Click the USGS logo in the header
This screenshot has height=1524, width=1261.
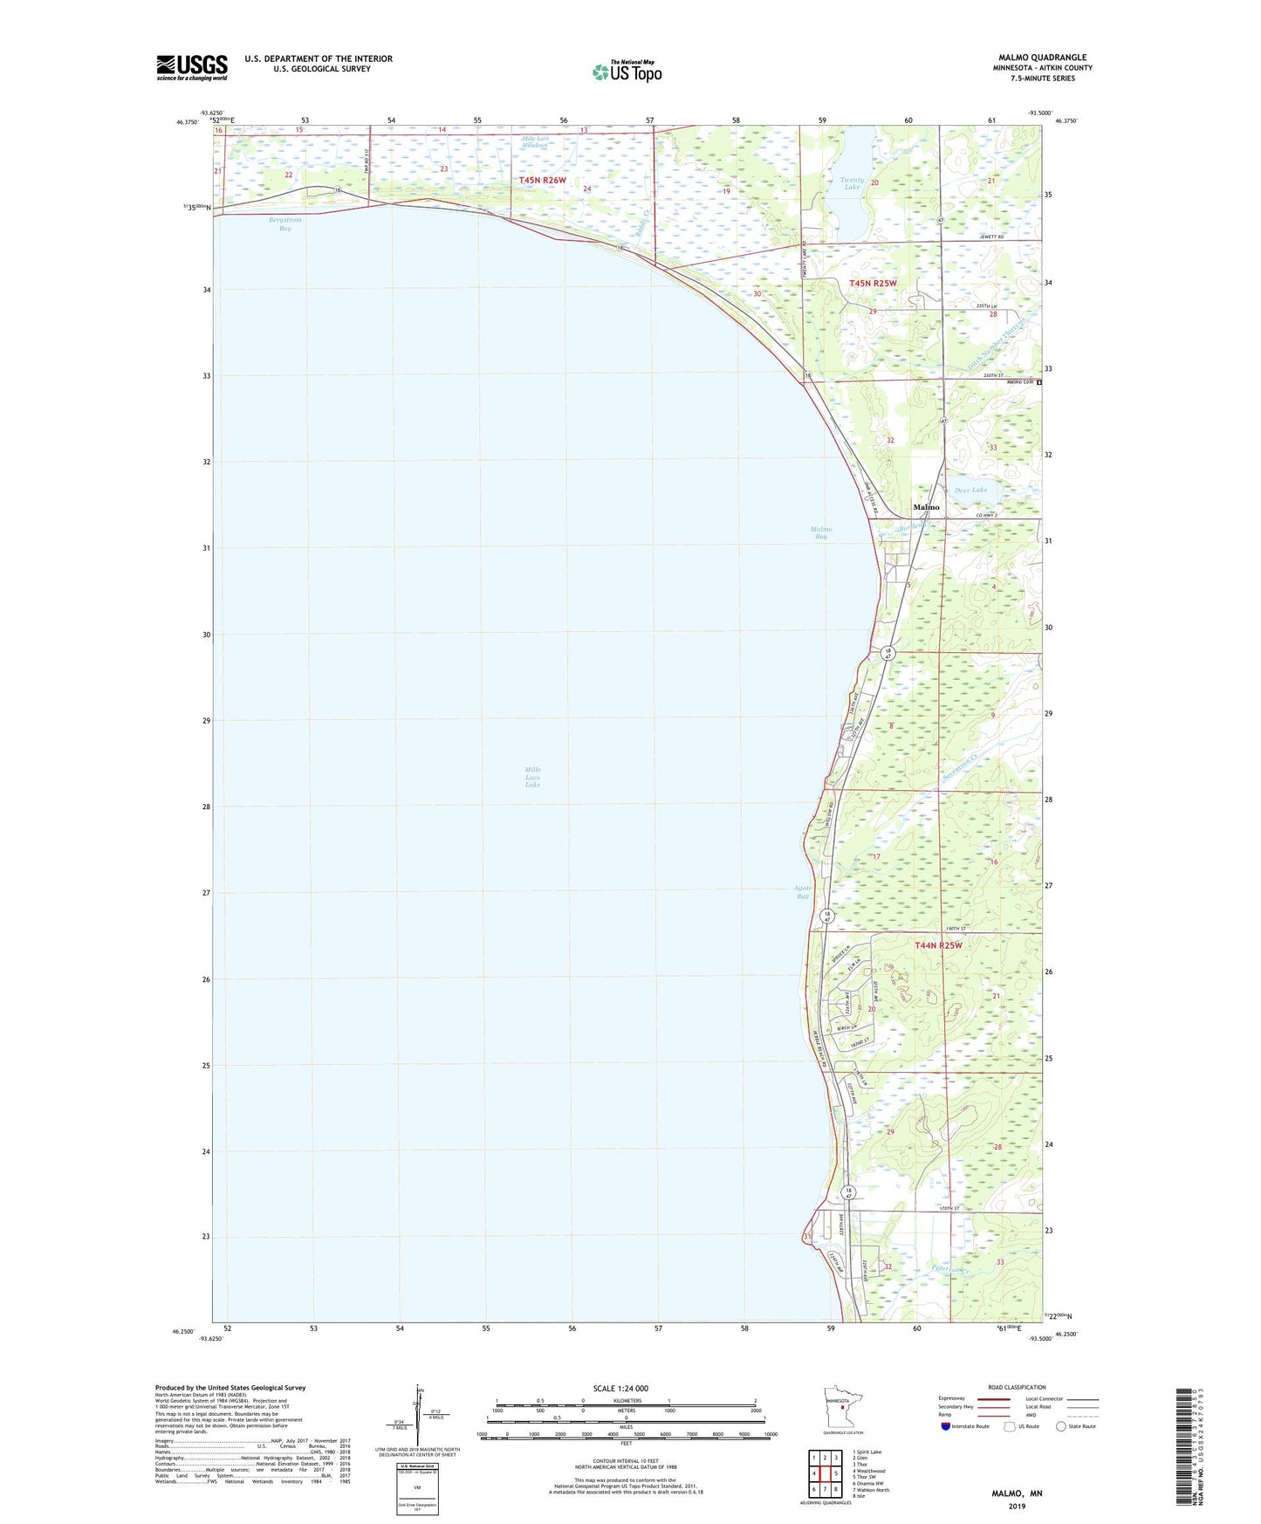(192, 67)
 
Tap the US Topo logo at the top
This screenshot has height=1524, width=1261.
(627, 72)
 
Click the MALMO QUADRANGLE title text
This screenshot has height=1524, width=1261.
(1042, 58)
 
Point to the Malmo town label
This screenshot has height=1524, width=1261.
(926, 507)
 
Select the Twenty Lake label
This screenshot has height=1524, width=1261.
(852, 184)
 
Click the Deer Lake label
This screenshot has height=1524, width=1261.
(970, 491)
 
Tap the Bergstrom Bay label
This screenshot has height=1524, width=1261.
(285, 224)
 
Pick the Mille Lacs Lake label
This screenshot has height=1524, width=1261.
(532, 777)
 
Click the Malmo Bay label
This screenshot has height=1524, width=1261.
(820, 532)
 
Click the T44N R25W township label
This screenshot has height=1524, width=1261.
(938, 945)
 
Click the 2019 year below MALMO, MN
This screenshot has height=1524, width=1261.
(1017, 1506)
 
